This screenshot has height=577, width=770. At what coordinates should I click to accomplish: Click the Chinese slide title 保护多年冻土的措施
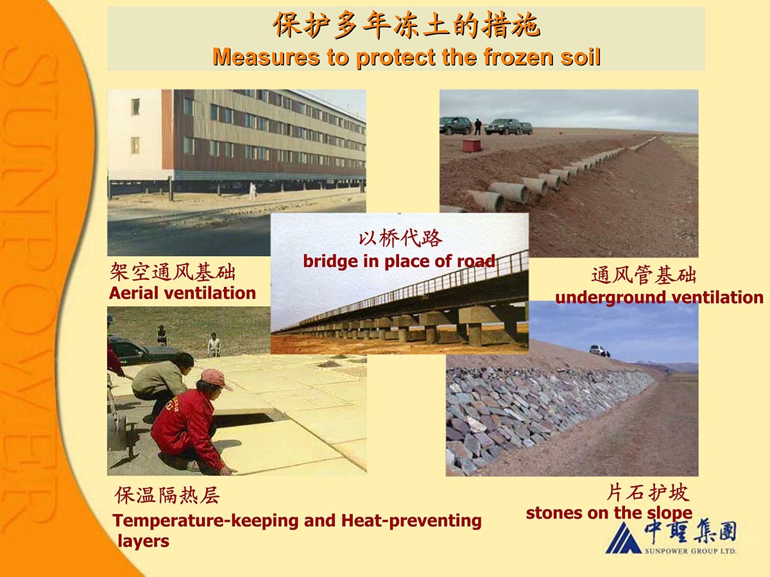406,25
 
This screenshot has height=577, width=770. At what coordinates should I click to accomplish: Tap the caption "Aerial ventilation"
182,293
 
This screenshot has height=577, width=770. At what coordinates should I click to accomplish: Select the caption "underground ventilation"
660,297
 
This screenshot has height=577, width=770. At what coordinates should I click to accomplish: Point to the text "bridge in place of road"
399,261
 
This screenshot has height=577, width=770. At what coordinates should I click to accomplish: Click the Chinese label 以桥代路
400,239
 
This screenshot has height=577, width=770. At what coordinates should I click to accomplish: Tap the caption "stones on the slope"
610,513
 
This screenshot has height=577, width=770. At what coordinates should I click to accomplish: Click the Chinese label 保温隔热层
167,495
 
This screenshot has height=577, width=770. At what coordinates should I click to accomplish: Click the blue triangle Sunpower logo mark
623,538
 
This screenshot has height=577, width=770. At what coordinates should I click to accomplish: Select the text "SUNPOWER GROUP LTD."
690,551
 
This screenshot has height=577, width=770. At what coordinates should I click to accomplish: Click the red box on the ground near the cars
471,145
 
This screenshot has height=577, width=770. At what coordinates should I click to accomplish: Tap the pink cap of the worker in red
216,379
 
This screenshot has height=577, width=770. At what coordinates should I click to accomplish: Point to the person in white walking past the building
253,191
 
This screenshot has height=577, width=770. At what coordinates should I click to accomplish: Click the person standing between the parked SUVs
478,126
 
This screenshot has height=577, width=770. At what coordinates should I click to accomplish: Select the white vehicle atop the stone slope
597,350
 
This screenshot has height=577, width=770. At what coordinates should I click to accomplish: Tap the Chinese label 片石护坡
648,492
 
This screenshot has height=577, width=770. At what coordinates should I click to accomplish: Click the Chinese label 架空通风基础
173,272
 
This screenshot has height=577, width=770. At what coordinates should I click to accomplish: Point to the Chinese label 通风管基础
644,275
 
